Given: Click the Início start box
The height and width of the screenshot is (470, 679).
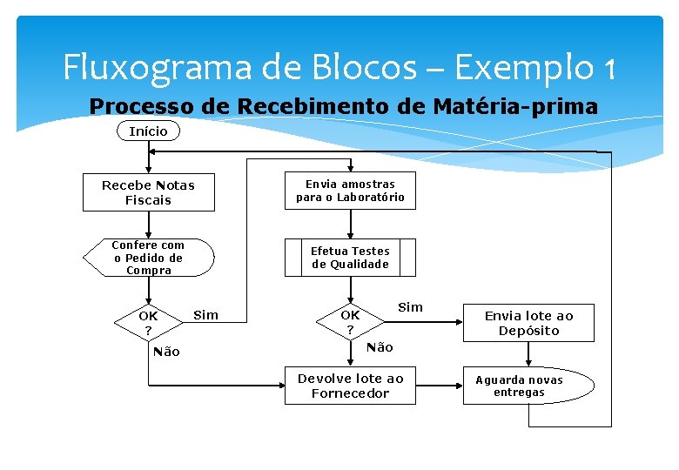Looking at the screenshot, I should tap(148, 131).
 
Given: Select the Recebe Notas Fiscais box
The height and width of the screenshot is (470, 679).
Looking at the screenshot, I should tap(148, 192).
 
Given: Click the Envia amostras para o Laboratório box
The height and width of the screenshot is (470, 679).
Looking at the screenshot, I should tap(350, 191).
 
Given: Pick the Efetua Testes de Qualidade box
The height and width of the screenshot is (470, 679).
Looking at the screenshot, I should tap(350, 258).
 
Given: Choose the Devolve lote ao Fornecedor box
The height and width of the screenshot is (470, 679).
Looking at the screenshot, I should tap(350, 386).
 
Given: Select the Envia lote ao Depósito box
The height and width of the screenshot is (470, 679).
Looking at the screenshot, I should tap(528, 323).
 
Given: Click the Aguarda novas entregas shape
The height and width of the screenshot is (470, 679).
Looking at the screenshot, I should tap(519, 386).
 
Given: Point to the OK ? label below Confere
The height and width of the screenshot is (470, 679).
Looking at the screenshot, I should tap(148, 323).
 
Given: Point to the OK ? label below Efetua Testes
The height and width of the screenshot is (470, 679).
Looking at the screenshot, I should tap(350, 322).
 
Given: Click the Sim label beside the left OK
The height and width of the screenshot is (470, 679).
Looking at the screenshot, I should tap(205, 315).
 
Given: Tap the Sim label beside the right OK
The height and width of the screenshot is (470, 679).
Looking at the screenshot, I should tap(410, 306).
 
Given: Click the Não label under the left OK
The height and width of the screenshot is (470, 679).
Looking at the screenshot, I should tap(165, 352).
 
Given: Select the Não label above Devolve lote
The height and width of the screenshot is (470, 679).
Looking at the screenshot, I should tap(380, 347).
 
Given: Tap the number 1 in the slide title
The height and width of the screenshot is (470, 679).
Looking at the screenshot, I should tap(607, 67).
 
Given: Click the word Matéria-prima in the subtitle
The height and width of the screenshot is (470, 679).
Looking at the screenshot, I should tap(532, 107).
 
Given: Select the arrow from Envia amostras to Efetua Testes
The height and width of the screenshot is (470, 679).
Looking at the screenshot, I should tap(350, 224).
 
